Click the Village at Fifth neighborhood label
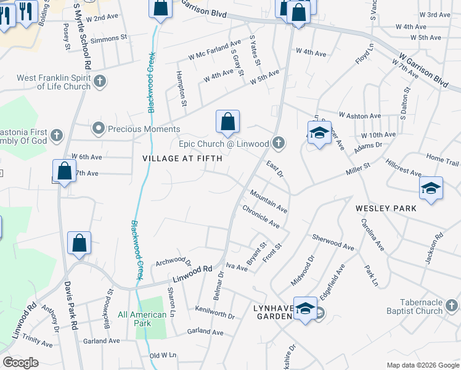point(177,158)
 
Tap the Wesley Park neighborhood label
point(386,208)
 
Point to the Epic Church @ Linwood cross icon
point(279,144)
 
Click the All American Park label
point(142,319)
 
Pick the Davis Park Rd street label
point(70,306)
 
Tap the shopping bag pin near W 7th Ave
point(64,171)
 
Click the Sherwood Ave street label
point(333,241)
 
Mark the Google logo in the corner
point(21,363)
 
